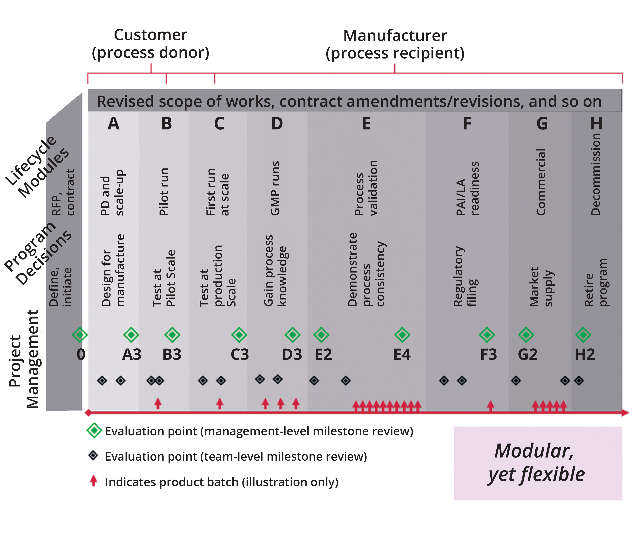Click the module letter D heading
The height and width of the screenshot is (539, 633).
(x=277, y=124)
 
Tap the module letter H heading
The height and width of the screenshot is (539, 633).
(x=596, y=124)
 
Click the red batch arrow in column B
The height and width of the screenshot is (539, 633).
(x=158, y=403)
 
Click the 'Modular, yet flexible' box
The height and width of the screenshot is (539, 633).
(x=538, y=463)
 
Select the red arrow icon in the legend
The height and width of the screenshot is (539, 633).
(x=93, y=481)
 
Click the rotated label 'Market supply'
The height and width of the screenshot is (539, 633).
(x=541, y=287)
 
